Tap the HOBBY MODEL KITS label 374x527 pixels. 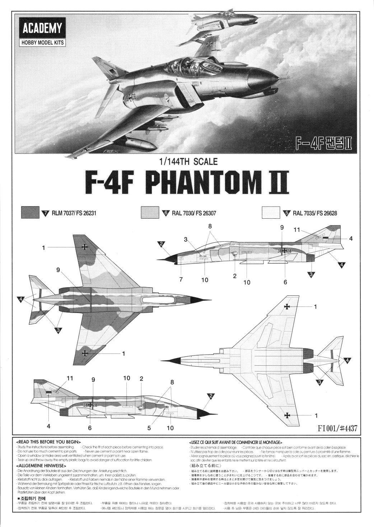(42, 42)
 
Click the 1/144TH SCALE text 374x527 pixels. (188, 161)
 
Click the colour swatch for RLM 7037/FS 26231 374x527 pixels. (30, 212)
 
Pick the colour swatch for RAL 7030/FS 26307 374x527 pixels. (150, 212)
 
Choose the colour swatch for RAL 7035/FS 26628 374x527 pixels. (271, 212)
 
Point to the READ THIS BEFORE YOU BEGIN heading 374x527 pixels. (48, 442)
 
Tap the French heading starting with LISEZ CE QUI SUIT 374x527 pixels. (235, 442)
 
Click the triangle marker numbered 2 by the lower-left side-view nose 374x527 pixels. (211, 396)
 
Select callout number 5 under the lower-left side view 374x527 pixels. (149, 427)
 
